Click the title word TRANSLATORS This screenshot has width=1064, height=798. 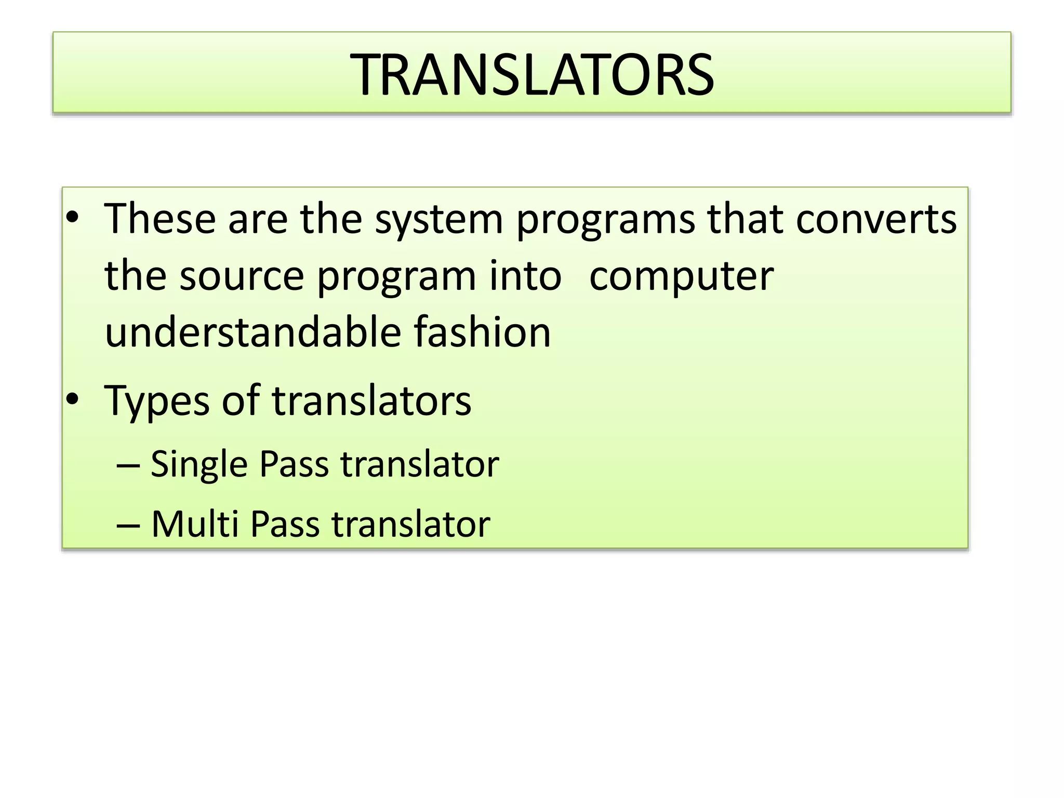click(x=532, y=75)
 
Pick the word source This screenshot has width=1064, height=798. click(x=242, y=276)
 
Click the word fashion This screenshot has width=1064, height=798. click(x=482, y=332)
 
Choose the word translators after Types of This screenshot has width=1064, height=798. click(x=371, y=401)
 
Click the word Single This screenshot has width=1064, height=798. click(x=199, y=464)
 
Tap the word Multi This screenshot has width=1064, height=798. click(x=195, y=524)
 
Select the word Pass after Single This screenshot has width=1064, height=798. click(x=294, y=463)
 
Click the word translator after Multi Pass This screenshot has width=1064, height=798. click(x=411, y=524)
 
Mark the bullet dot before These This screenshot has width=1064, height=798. click(x=72, y=218)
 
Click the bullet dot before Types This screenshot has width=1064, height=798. click(x=72, y=400)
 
